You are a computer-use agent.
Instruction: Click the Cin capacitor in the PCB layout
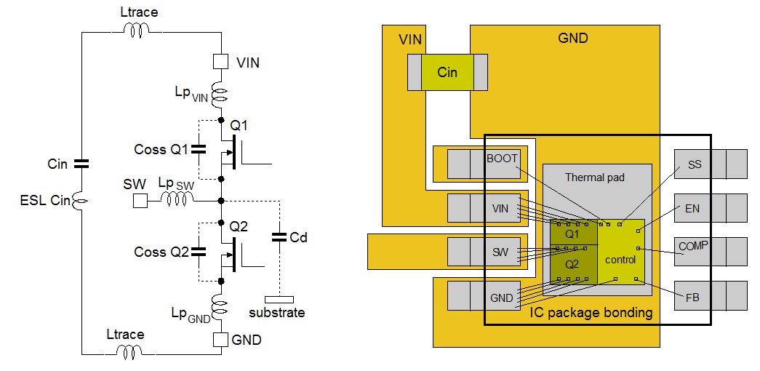coord(447,73)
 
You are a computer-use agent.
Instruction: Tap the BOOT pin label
coord(502,159)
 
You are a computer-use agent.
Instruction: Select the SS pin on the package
coord(695,164)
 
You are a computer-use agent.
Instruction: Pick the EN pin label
coord(692,209)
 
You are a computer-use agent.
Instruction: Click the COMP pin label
coord(693,247)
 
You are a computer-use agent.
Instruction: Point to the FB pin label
coord(692,298)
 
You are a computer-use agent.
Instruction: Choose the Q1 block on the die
coord(572,234)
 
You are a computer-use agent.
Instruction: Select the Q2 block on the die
coord(572,263)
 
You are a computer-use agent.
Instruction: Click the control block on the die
coord(620,260)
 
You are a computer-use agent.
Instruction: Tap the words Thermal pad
coord(594,177)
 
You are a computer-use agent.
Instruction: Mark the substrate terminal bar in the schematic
coord(279,298)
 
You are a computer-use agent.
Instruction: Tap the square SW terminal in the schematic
coord(140,200)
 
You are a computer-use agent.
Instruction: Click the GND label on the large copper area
coord(572,38)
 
